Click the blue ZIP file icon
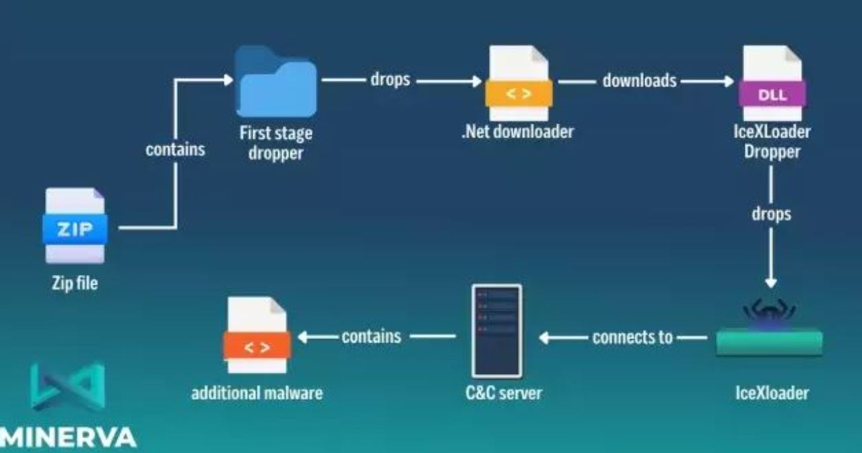tap(75, 227)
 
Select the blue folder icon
tap(275, 82)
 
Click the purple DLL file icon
tap(772, 84)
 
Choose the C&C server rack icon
tap(496, 330)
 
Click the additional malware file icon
tap(257, 336)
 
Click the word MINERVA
tap(67, 437)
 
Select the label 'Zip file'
tap(75, 283)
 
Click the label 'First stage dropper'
tap(275, 142)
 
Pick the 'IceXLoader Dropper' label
tap(772, 142)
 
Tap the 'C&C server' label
tap(503, 392)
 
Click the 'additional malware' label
tap(257, 392)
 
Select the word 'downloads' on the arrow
tap(639, 81)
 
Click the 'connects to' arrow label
tap(632, 336)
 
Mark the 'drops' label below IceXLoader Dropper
tap(771, 214)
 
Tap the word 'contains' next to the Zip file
tap(175, 150)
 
